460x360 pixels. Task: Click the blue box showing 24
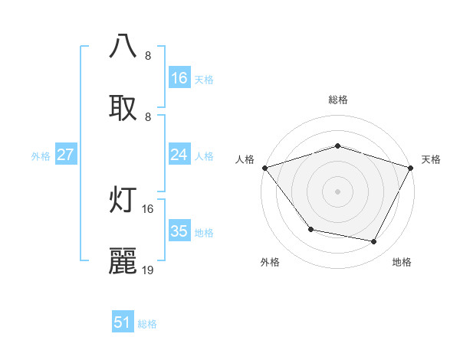(179, 155)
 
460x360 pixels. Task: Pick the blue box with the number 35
(179, 232)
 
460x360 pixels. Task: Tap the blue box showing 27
(65, 155)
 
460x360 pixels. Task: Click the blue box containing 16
(179, 78)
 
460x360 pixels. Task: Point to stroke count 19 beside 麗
(148, 270)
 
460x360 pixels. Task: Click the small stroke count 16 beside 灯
(148, 208)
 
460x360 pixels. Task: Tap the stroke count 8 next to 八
(147, 55)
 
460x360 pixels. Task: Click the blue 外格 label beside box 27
(41, 156)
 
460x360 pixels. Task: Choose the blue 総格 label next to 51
(147, 324)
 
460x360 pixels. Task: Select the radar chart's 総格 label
(337, 100)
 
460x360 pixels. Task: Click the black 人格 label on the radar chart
(245, 159)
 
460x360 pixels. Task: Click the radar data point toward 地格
(374, 242)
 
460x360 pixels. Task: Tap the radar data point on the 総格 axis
(337, 146)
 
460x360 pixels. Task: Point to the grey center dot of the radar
(337, 191)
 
